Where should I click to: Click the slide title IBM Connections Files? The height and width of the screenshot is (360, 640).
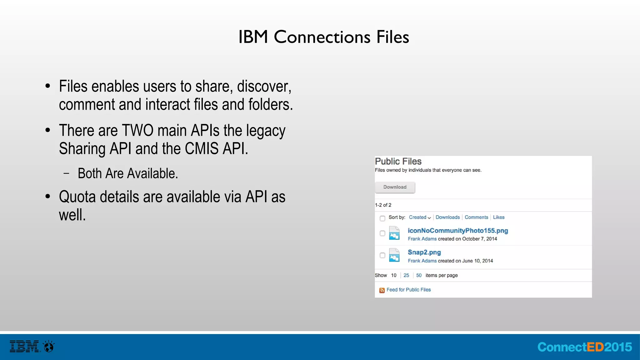coord(323,37)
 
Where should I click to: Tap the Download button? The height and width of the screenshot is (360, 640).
coord(395,187)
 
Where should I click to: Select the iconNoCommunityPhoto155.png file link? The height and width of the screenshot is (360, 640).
coord(458,231)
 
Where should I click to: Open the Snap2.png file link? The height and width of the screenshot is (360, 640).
coord(424,252)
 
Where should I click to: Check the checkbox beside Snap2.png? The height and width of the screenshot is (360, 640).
coord(382,255)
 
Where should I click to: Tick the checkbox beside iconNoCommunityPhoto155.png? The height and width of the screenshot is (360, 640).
coord(382,233)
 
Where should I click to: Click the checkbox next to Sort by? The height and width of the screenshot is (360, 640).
coord(382,218)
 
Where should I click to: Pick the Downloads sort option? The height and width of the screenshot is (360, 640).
coord(447,217)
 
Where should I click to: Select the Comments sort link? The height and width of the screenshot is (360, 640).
coord(476,217)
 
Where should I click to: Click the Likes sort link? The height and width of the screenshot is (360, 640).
coord(498,217)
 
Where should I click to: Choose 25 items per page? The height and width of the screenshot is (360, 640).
coord(406,275)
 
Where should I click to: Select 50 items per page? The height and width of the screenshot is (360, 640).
coord(419,275)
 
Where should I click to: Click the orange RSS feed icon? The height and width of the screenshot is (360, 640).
coord(382,290)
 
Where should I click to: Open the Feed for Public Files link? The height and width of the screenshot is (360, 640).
coord(408,290)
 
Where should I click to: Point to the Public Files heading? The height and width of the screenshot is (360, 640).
coord(398,162)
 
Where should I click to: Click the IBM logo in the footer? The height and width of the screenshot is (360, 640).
coord(24,347)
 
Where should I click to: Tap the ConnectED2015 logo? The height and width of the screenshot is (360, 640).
coord(584,347)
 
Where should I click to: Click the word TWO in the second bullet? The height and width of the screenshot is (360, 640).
coord(137,131)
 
